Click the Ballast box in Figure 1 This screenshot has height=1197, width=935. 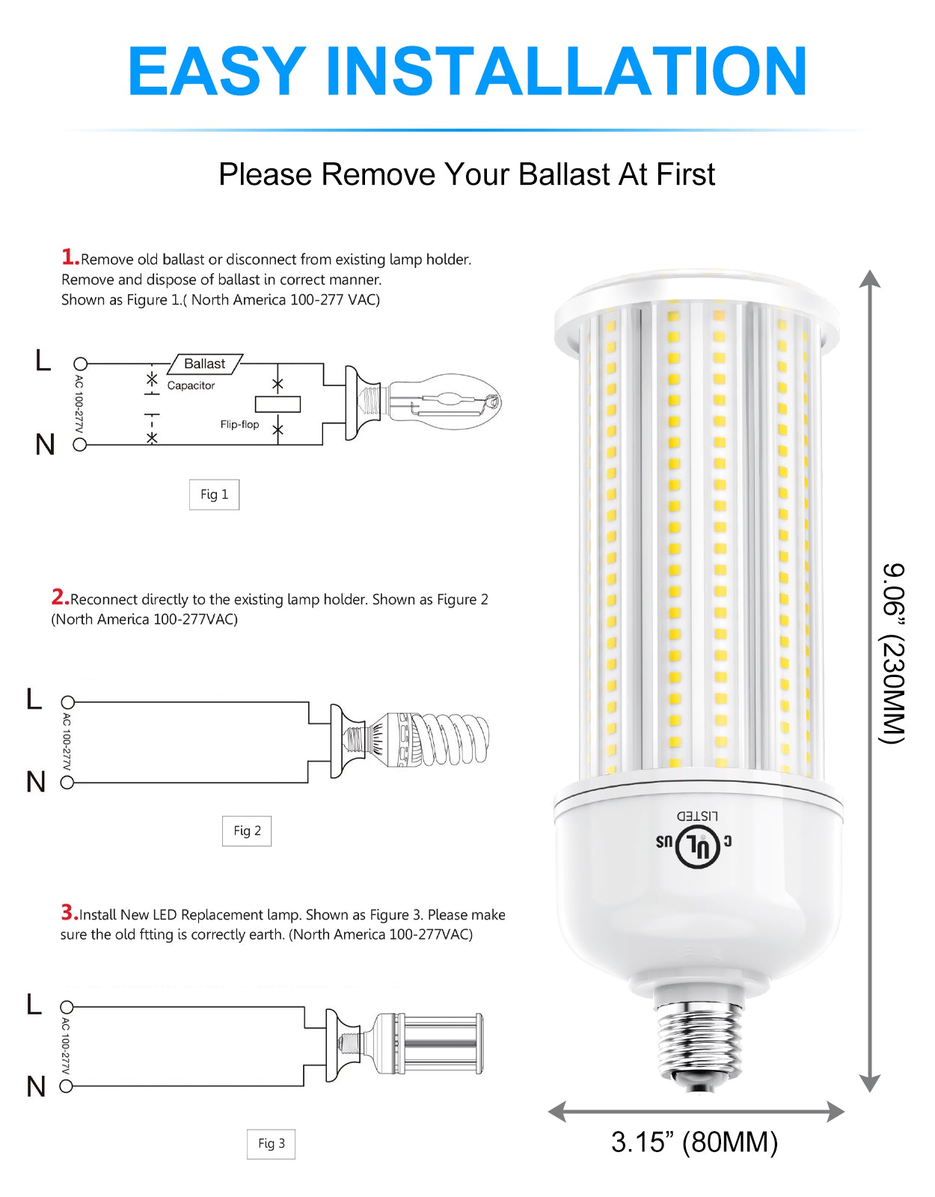[204, 364]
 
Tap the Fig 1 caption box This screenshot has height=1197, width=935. [214, 494]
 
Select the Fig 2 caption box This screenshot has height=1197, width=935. [247, 830]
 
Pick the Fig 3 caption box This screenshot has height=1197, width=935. [271, 1144]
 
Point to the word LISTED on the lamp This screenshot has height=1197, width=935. [697, 815]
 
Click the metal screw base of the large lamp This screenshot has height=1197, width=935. [698, 1043]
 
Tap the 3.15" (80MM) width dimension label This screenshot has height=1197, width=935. [694, 1142]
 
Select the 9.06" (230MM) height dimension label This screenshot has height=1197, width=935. [893, 653]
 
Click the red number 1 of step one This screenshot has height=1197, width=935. [70, 257]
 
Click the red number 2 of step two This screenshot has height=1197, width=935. [60, 596]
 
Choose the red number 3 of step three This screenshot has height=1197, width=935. [70, 912]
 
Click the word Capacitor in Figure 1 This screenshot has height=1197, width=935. [191, 385]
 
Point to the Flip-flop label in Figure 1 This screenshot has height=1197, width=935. [239, 424]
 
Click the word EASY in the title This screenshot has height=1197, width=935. [217, 72]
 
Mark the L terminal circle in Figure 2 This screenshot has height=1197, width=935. [67, 702]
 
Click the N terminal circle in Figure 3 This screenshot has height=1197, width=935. [66, 1086]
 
